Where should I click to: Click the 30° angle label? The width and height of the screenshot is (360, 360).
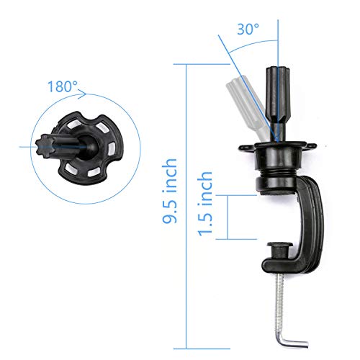[x=248, y=30]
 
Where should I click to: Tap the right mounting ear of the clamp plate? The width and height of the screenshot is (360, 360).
[x=312, y=147]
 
